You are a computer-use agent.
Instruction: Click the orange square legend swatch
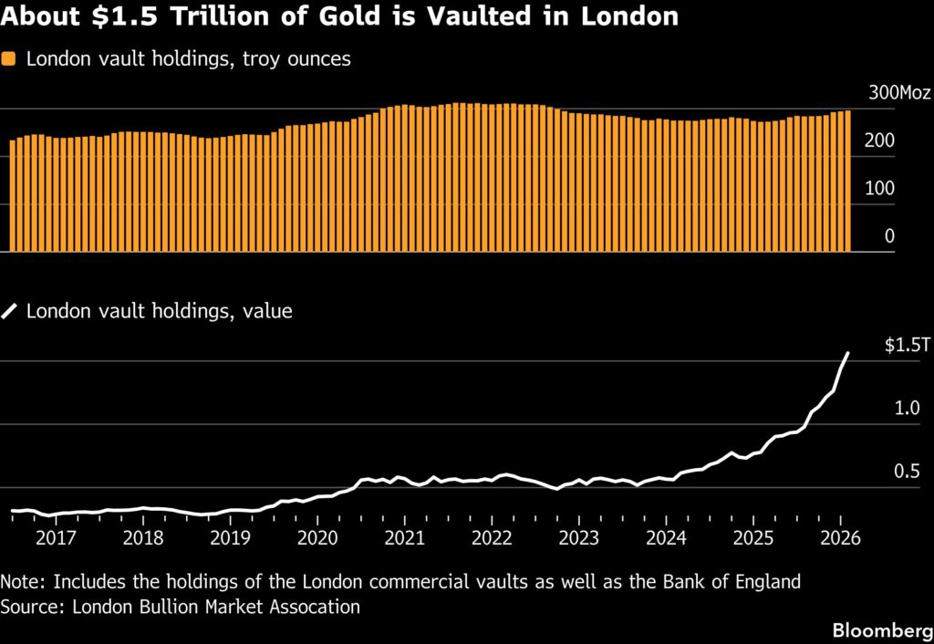[10, 59]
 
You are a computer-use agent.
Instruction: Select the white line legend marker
[10, 312]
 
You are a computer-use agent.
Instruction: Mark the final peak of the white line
[848, 353]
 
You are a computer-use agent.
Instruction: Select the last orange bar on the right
[847, 181]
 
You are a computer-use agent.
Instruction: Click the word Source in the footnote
[28, 607]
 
